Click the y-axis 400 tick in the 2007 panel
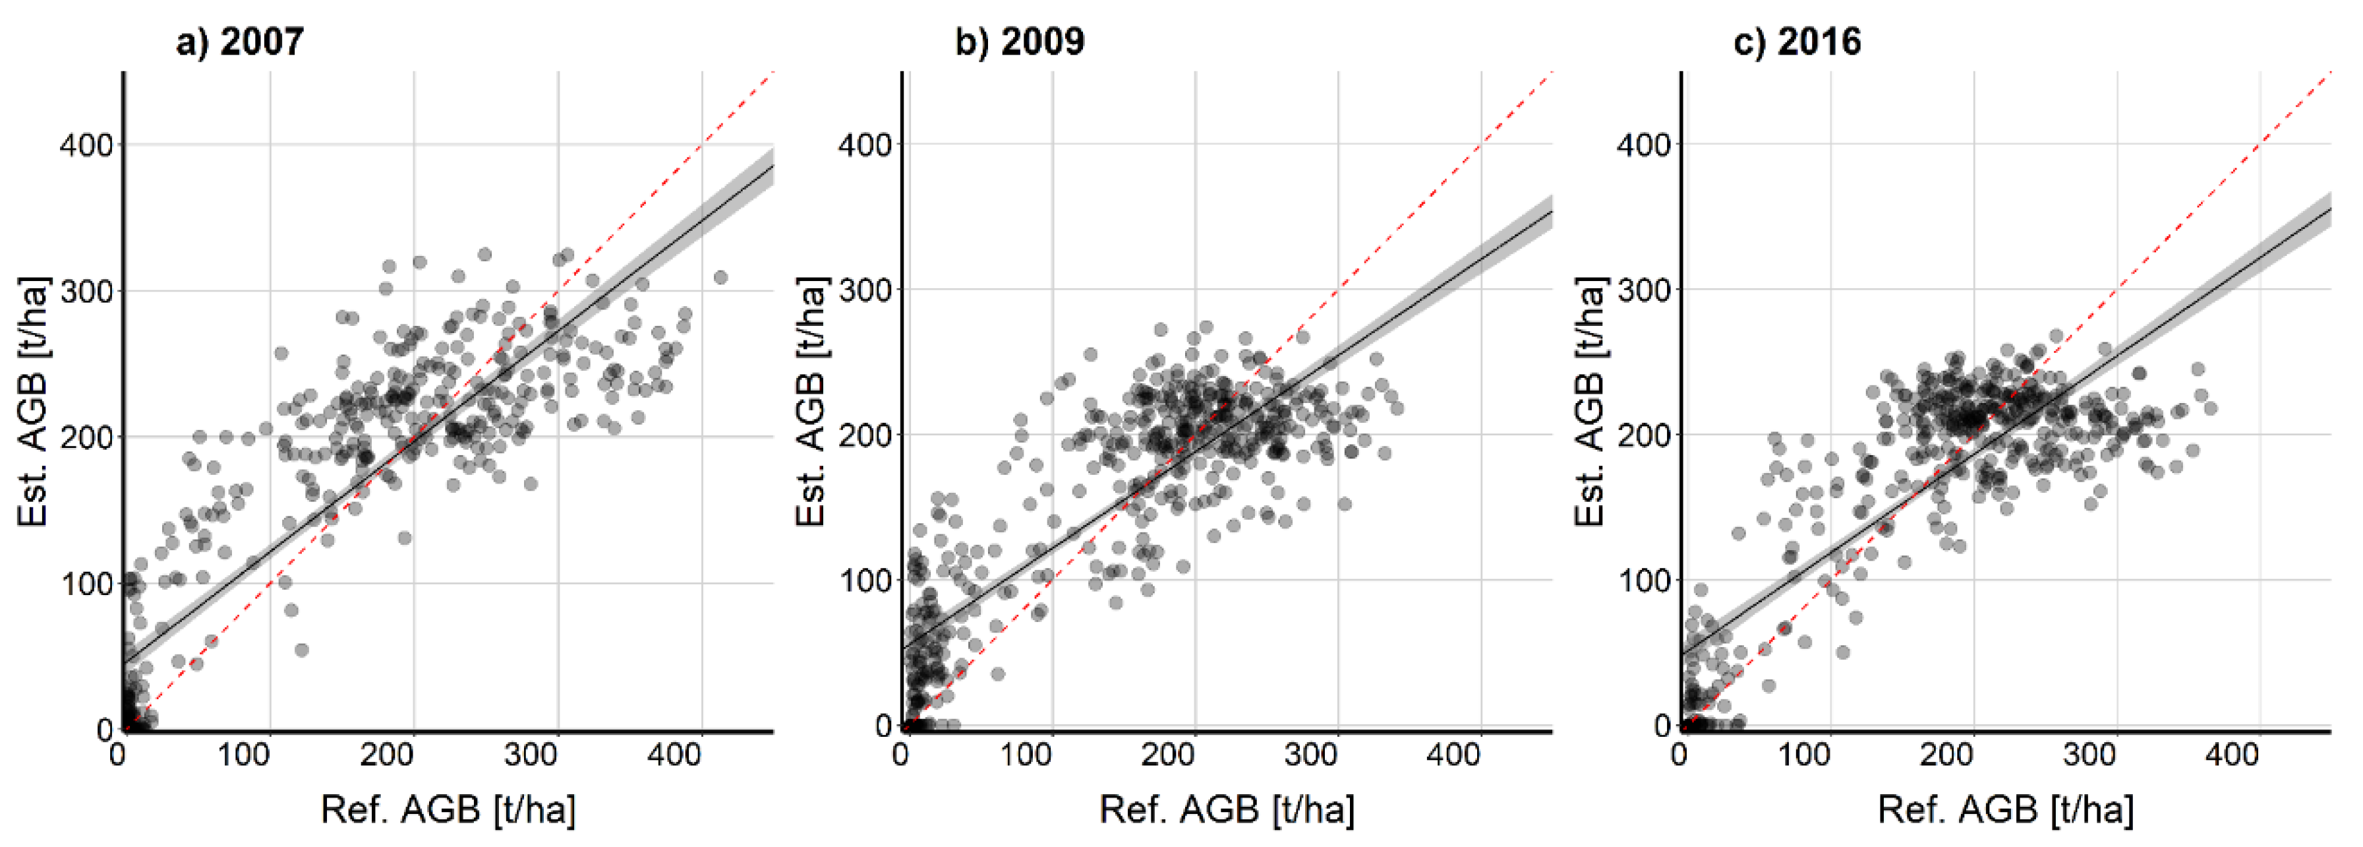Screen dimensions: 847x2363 coord(86,145)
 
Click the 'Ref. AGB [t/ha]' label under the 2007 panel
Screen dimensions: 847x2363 coord(448,809)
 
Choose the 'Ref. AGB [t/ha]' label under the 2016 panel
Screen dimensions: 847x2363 coord(2005,809)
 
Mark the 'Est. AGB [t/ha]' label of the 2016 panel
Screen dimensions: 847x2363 coord(1590,401)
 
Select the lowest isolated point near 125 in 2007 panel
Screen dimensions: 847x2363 coord(301,650)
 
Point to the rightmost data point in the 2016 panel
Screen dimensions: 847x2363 coord(2210,408)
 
